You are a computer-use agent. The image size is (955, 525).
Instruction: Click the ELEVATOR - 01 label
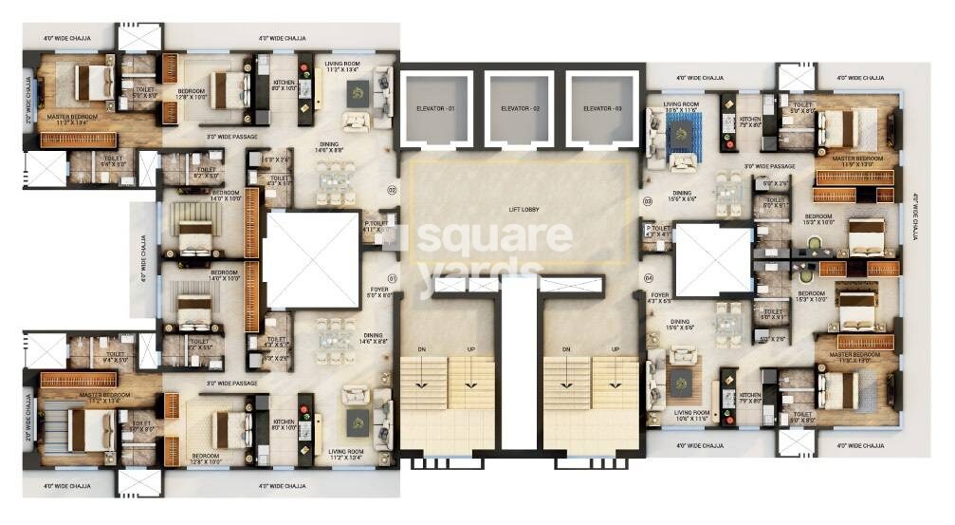(x=436, y=109)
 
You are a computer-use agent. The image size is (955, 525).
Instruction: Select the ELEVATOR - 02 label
(x=521, y=109)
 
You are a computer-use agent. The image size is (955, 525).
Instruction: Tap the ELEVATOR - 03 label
(x=604, y=109)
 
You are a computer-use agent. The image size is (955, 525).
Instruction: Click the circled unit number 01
(x=391, y=278)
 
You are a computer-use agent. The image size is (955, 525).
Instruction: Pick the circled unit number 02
(x=391, y=190)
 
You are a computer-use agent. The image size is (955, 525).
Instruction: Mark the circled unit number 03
(x=649, y=201)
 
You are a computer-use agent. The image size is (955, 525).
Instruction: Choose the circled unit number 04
(x=649, y=278)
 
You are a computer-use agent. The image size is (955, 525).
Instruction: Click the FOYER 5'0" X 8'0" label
(x=376, y=292)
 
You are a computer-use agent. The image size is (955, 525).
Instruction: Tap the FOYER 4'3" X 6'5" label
(x=660, y=298)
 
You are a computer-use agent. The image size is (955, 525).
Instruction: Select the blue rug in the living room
(x=681, y=135)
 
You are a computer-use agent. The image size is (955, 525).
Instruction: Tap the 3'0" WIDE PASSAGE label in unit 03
(x=769, y=166)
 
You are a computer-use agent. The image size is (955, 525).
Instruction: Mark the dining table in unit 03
(x=727, y=191)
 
